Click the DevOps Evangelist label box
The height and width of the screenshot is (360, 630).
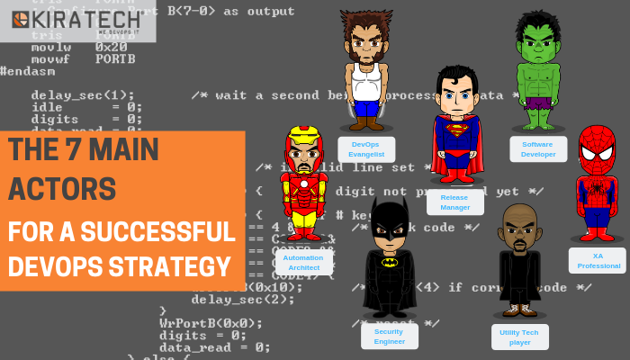366,149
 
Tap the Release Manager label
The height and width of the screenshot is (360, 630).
454,202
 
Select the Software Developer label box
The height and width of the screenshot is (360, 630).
538,149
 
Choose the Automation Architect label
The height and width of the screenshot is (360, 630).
303,262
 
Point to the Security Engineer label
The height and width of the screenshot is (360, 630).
389,336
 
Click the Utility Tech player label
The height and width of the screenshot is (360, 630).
519,337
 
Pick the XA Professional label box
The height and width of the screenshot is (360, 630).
597,261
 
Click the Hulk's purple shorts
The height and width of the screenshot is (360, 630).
538,102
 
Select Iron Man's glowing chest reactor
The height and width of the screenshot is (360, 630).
303,185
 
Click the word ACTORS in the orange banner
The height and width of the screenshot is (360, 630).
62,189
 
